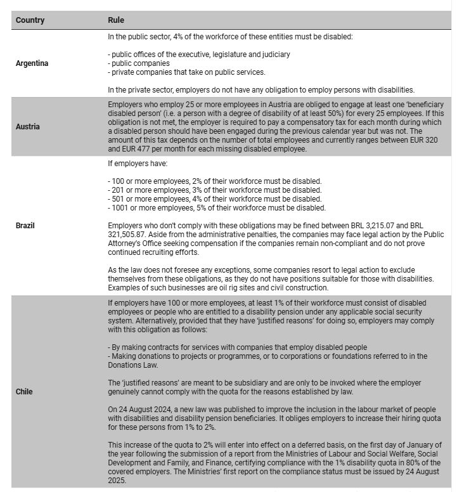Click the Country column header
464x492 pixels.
[30, 20]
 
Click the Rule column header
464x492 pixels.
[115, 20]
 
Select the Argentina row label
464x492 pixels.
[32, 63]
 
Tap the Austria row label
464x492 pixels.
[28, 126]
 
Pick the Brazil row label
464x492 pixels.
[26, 225]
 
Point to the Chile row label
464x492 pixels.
[24, 391]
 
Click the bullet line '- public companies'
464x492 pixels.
[139, 63]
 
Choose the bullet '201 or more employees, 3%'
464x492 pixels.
[214, 190]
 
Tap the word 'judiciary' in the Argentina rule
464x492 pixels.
[274, 55]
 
